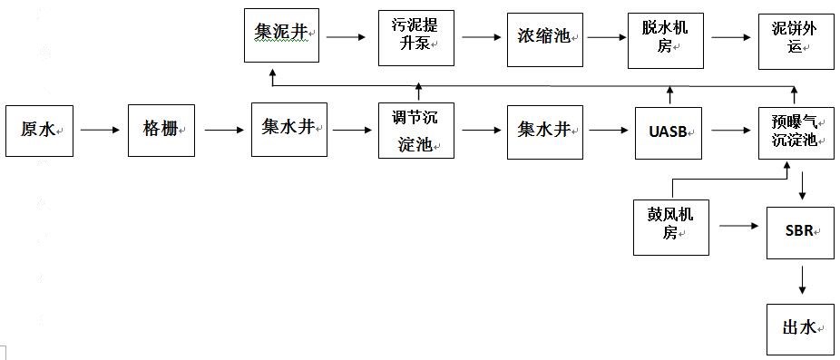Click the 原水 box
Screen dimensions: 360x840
[x=39, y=131]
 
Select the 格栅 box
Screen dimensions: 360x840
[x=161, y=131]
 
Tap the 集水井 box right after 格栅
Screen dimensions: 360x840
[x=288, y=130]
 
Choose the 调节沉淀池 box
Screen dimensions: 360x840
[x=416, y=131]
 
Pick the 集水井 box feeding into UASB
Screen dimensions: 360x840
[x=544, y=130]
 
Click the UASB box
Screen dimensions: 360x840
[x=669, y=131]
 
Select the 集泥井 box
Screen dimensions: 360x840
[x=281, y=35]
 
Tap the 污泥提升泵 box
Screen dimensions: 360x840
[x=415, y=37]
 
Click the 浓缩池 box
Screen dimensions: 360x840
[x=544, y=37]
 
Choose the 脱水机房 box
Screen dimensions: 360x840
[x=669, y=38]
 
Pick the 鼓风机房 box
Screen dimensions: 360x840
[x=672, y=226]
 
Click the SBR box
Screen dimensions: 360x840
[x=798, y=232]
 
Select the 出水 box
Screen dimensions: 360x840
[x=798, y=328]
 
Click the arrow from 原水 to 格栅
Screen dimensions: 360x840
[x=100, y=131]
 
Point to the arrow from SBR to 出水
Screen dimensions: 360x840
[x=802, y=279]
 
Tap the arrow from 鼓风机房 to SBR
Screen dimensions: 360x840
[x=738, y=227]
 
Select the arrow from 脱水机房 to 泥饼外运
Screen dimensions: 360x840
[x=733, y=38]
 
